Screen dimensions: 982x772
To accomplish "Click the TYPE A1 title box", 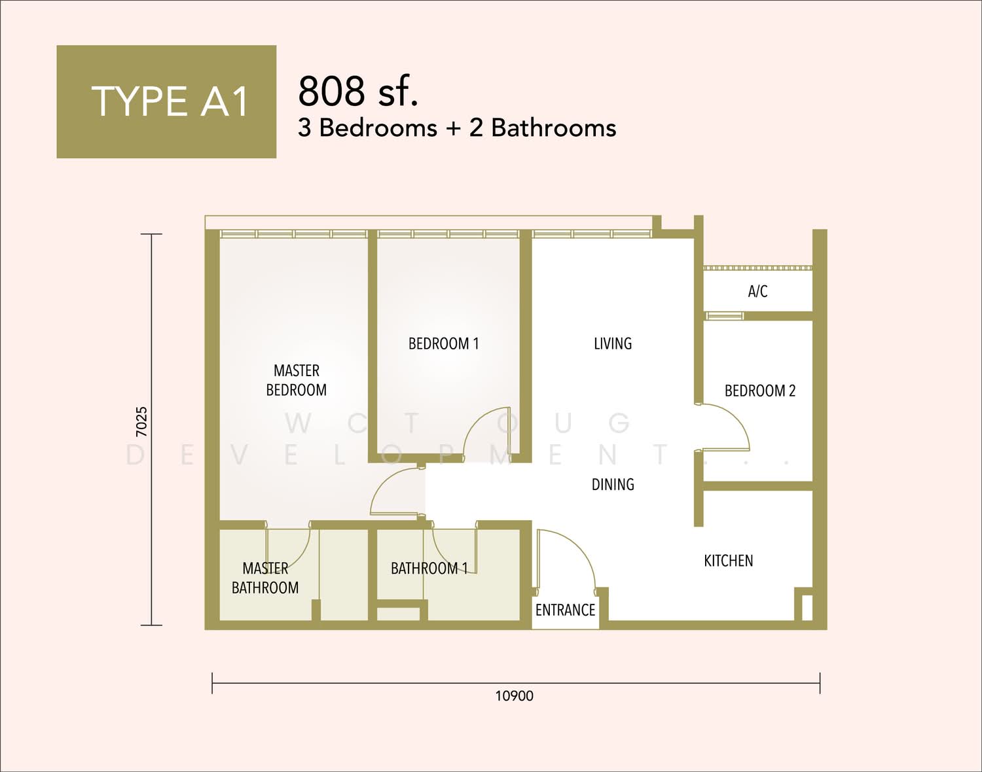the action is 166,101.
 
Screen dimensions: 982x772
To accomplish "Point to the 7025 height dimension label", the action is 142,421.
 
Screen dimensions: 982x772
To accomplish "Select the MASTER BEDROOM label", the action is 296,380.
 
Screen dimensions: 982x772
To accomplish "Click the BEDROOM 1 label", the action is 444,343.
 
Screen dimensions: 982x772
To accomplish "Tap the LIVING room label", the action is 613,343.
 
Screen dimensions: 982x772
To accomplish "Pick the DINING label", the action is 613,484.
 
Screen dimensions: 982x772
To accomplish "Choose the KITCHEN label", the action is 728,561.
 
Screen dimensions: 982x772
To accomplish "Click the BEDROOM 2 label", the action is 760,391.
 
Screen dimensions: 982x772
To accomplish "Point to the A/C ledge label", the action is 757,291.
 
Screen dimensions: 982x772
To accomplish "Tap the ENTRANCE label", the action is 565,610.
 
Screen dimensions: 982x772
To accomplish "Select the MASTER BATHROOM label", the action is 265,578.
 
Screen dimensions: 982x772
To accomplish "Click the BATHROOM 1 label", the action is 429,568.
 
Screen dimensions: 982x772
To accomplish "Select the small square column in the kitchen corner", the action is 807,608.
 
